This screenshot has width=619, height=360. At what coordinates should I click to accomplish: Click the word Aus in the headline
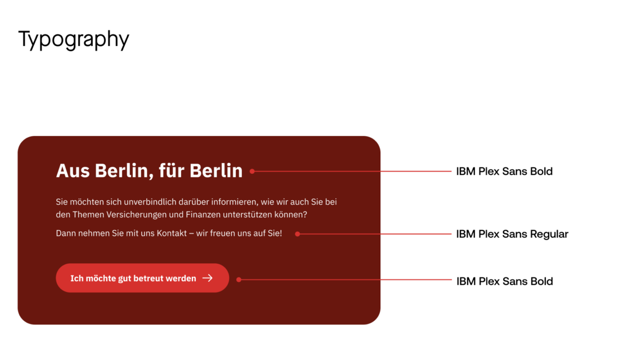73,171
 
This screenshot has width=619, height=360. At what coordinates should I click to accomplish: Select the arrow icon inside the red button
208,278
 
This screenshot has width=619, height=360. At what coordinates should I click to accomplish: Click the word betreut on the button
148,278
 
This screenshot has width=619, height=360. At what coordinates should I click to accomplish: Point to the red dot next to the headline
252,172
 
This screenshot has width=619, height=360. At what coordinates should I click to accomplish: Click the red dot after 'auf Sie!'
298,234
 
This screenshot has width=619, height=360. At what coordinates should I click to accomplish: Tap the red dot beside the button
239,280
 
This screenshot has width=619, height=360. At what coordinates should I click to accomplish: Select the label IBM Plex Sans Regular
512,234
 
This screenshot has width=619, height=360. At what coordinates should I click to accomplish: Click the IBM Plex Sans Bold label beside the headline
504,172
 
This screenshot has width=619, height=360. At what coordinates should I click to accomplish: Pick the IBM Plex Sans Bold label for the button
505,281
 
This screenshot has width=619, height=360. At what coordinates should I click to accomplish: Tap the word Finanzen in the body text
203,215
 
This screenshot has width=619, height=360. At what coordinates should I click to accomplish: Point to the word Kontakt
172,233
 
